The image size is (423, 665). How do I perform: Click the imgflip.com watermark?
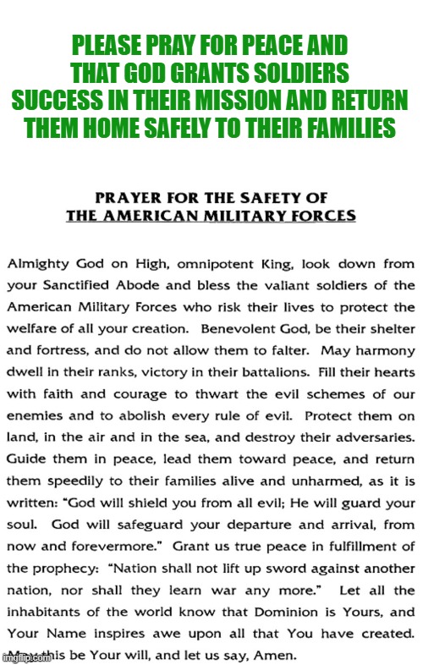coord(25,656)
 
